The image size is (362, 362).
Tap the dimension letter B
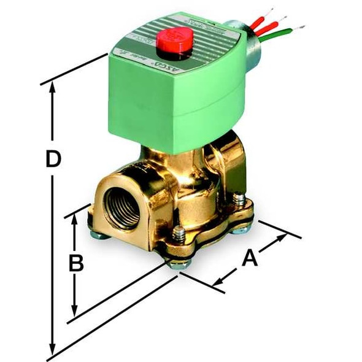[x=75, y=263]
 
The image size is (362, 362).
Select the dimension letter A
[x=248, y=258]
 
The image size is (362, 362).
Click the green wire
[x=272, y=34]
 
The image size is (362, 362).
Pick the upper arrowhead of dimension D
[x=53, y=88]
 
